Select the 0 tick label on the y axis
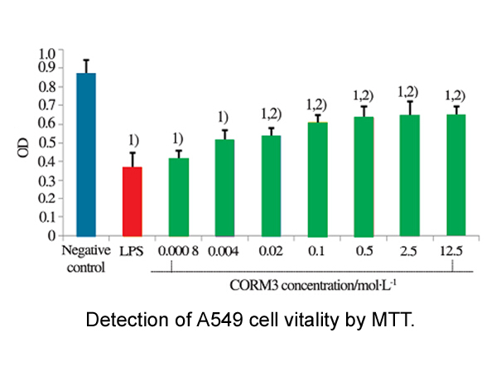(51, 235)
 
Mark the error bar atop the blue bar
(86, 65)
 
